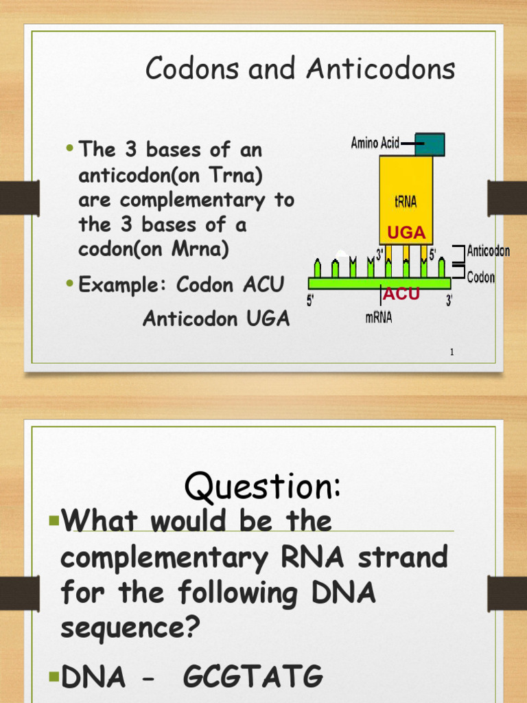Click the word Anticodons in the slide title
click(x=381, y=69)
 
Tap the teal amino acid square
click(x=430, y=144)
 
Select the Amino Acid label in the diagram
click(x=375, y=143)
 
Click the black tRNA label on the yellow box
click(x=406, y=203)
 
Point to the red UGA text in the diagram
click(x=406, y=233)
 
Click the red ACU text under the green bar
click(x=401, y=294)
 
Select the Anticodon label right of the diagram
click(x=488, y=251)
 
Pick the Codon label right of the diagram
click(x=481, y=278)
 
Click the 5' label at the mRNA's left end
click(x=311, y=301)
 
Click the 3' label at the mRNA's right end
click(x=449, y=301)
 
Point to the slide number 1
click(x=452, y=352)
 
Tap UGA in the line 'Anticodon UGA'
click(x=266, y=319)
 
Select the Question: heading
click(x=262, y=487)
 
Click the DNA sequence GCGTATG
click(x=253, y=677)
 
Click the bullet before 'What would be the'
click(x=54, y=521)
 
